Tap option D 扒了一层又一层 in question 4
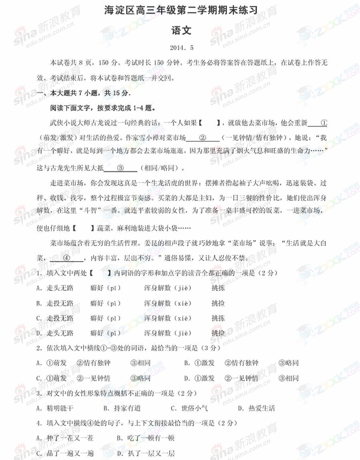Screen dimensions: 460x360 pyautogui.click(x=146, y=454)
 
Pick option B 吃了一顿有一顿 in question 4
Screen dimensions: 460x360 pyautogui.click(x=146, y=438)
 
